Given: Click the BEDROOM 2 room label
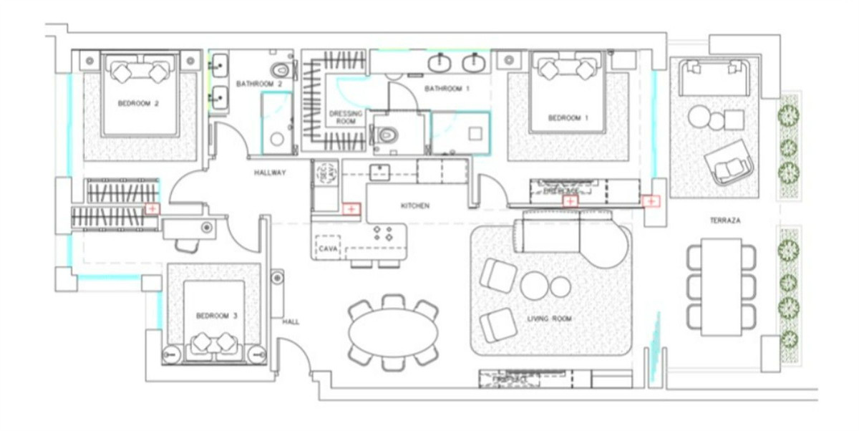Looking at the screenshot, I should point(139,104).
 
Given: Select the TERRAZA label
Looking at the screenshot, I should point(724,222).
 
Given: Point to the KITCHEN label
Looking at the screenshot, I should point(414,206).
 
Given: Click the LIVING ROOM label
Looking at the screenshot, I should point(549,319).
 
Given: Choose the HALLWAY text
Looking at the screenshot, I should point(270,173).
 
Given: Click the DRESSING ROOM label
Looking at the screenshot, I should point(346,117).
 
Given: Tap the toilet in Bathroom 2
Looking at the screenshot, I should point(281,70).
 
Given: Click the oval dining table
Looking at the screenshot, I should point(394,333).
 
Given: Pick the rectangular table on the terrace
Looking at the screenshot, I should point(721,286).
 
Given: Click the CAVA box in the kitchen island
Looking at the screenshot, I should point(329,247).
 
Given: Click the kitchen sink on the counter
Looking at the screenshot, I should point(379,172).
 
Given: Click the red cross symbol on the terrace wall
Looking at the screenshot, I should point(650,201).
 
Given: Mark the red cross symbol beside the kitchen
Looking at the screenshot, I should point(351,209).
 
